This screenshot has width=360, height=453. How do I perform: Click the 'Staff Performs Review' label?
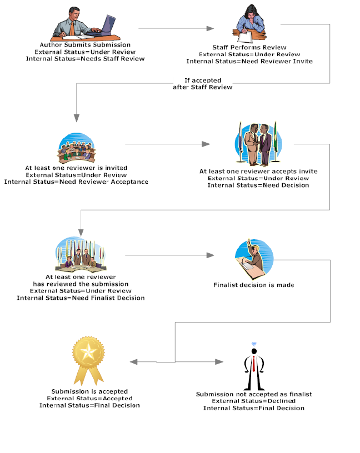click(249, 48)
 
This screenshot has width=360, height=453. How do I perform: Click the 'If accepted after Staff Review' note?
click(202, 84)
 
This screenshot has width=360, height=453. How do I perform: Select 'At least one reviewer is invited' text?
click(76, 168)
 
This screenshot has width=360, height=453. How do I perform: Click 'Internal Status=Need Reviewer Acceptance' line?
click(76, 182)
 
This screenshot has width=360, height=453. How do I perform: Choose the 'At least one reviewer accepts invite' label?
click(258, 172)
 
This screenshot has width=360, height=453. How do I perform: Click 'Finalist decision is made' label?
click(253, 285)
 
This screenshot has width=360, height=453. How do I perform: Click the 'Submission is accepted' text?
click(89, 391)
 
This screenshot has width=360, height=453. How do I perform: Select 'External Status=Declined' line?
click(253, 401)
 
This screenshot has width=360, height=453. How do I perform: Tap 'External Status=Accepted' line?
click(89, 398)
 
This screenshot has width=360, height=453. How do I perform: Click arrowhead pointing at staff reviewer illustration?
click(211, 28)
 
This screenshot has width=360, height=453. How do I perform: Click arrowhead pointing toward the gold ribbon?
click(133, 362)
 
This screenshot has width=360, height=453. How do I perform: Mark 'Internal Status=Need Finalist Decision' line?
click(81, 298)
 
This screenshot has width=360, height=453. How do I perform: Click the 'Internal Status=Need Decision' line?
click(258, 185)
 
